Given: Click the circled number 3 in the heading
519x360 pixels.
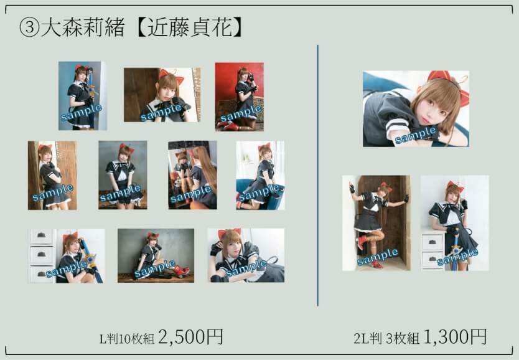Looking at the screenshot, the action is click(29, 27).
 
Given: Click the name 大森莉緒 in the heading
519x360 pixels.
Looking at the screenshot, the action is click(83, 27).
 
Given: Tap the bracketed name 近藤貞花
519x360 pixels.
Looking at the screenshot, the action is click(190, 27).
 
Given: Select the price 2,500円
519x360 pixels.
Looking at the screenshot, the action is click(191, 337).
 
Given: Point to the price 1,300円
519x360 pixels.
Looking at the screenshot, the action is click(455, 337).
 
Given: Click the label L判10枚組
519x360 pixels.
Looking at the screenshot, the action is click(127, 339).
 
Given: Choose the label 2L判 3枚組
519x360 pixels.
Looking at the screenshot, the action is click(386, 339).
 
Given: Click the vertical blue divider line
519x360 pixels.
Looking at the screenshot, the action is click(318, 175).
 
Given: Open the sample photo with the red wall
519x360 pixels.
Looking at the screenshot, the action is click(240, 97).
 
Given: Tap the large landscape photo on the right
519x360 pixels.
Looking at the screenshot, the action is click(416, 108).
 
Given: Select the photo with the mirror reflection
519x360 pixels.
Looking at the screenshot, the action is click(193, 175).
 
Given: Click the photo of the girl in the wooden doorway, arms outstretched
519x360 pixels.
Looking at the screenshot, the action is click(376, 223).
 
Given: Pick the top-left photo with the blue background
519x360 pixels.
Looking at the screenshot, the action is click(83, 96).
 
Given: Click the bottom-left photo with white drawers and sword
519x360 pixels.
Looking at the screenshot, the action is click(67, 256).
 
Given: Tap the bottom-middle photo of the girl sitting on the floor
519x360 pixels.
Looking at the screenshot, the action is click(156, 255).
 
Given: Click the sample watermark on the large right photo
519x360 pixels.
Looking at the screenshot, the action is click(416, 135).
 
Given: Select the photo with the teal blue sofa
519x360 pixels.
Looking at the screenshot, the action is click(260, 175).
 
